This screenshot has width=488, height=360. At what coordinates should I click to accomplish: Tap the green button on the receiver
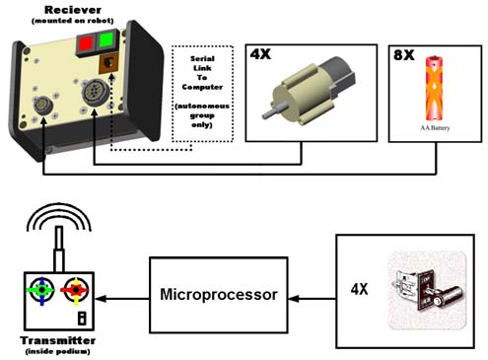pyautogui.click(x=105, y=40)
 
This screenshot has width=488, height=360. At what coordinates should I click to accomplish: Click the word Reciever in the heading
pyautogui.click(x=73, y=10)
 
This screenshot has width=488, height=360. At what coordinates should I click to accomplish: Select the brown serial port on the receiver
pyautogui.click(x=108, y=62)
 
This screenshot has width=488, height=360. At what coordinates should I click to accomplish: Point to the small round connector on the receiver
pyautogui.click(x=42, y=106)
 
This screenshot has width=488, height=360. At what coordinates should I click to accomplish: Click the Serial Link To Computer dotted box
pyautogui.click(x=202, y=94)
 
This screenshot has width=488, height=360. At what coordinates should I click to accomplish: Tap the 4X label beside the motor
pyautogui.click(x=260, y=54)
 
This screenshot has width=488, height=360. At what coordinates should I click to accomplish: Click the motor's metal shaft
pyautogui.click(x=273, y=112)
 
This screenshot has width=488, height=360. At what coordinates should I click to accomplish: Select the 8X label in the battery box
pyautogui.click(x=404, y=55)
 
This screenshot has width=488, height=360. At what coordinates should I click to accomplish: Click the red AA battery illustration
pyautogui.click(x=435, y=89)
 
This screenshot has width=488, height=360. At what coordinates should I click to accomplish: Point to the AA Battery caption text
pyautogui.click(x=435, y=128)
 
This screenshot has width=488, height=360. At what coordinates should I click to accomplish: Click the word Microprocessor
pyautogui.click(x=219, y=294)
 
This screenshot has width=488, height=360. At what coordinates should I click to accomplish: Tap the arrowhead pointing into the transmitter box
pyautogui.click(x=100, y=299)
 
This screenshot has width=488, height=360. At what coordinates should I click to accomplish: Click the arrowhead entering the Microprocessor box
pyautogui.click(x=294, y=299)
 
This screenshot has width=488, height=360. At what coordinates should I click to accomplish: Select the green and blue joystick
pyautogui.click(x=41, y=290)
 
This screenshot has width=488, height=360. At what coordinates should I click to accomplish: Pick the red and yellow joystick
pyautogui.click(x=76, y=290)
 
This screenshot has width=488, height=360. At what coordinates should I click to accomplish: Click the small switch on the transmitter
pyautogui.click(x=82, y=319)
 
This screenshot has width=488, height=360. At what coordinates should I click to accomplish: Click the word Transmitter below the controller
pyautogui.click(x=58, y=340)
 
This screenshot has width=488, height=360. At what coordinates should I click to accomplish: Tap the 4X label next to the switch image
pyautogui.click(x=359, y=289)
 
